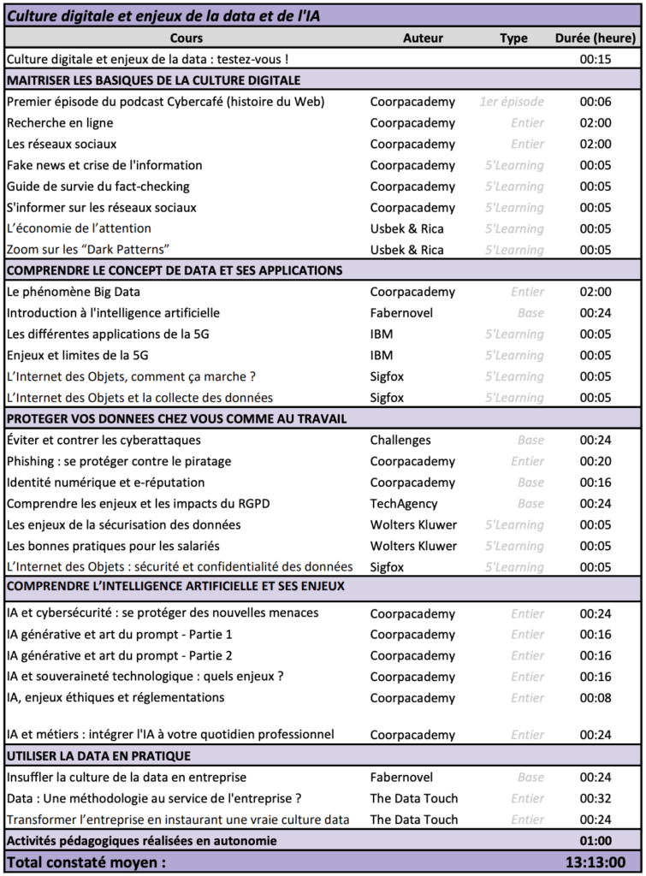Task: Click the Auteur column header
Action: (x=423, y=38)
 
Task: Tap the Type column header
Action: (x=513, y=38)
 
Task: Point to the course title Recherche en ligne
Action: (x=60, y=123)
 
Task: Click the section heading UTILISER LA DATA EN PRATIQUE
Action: (x=98, y=756)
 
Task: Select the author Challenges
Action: (x=400, y=441)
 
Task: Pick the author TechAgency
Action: (x=404, y=504)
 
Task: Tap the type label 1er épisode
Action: (x=512, y=102)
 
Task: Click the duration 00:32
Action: (x=596, y=798)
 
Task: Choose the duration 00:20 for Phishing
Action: (x=596, y=462)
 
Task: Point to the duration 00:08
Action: (x=596, y=697)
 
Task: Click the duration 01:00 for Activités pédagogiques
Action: (x=596, y=841)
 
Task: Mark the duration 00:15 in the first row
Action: (x=596, y=59)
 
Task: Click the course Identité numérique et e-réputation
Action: (x=105, y=482)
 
